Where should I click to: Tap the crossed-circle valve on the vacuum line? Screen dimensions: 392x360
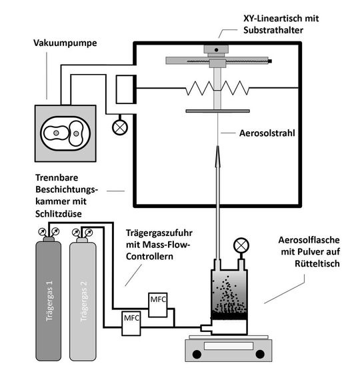(x=121, y=124)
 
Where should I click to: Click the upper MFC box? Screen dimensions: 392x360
(x=158, y=298)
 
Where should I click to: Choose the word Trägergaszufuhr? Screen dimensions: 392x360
(x=158, y=233)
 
